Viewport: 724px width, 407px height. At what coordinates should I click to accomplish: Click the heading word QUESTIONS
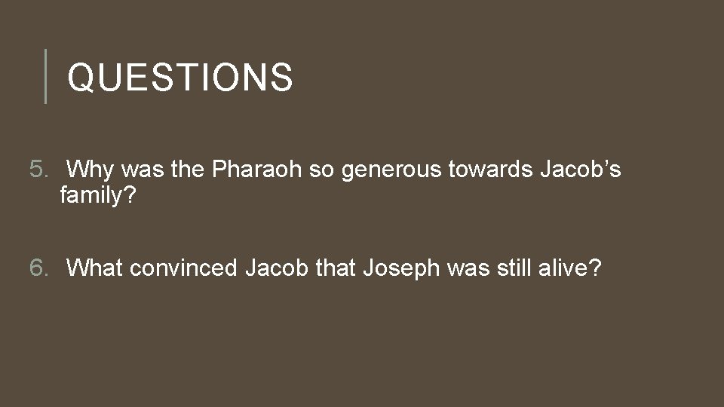[179, 78]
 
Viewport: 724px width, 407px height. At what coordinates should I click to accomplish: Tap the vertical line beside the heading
[46, 76]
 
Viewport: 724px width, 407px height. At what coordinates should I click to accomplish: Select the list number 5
[38, 170]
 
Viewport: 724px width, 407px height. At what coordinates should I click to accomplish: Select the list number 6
[38, 268]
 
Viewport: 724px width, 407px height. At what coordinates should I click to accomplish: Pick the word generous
[392, 171]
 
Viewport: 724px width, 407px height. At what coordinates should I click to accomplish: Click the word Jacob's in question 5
[581, 170]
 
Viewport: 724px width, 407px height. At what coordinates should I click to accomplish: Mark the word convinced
[184, 268]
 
